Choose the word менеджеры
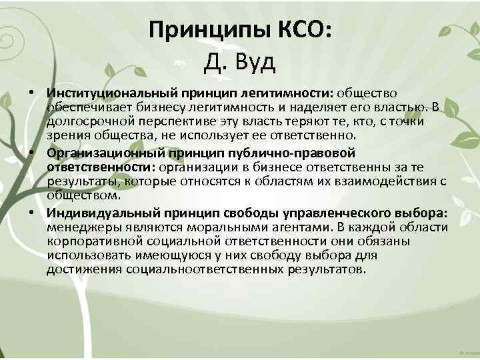(x=82, y=228)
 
